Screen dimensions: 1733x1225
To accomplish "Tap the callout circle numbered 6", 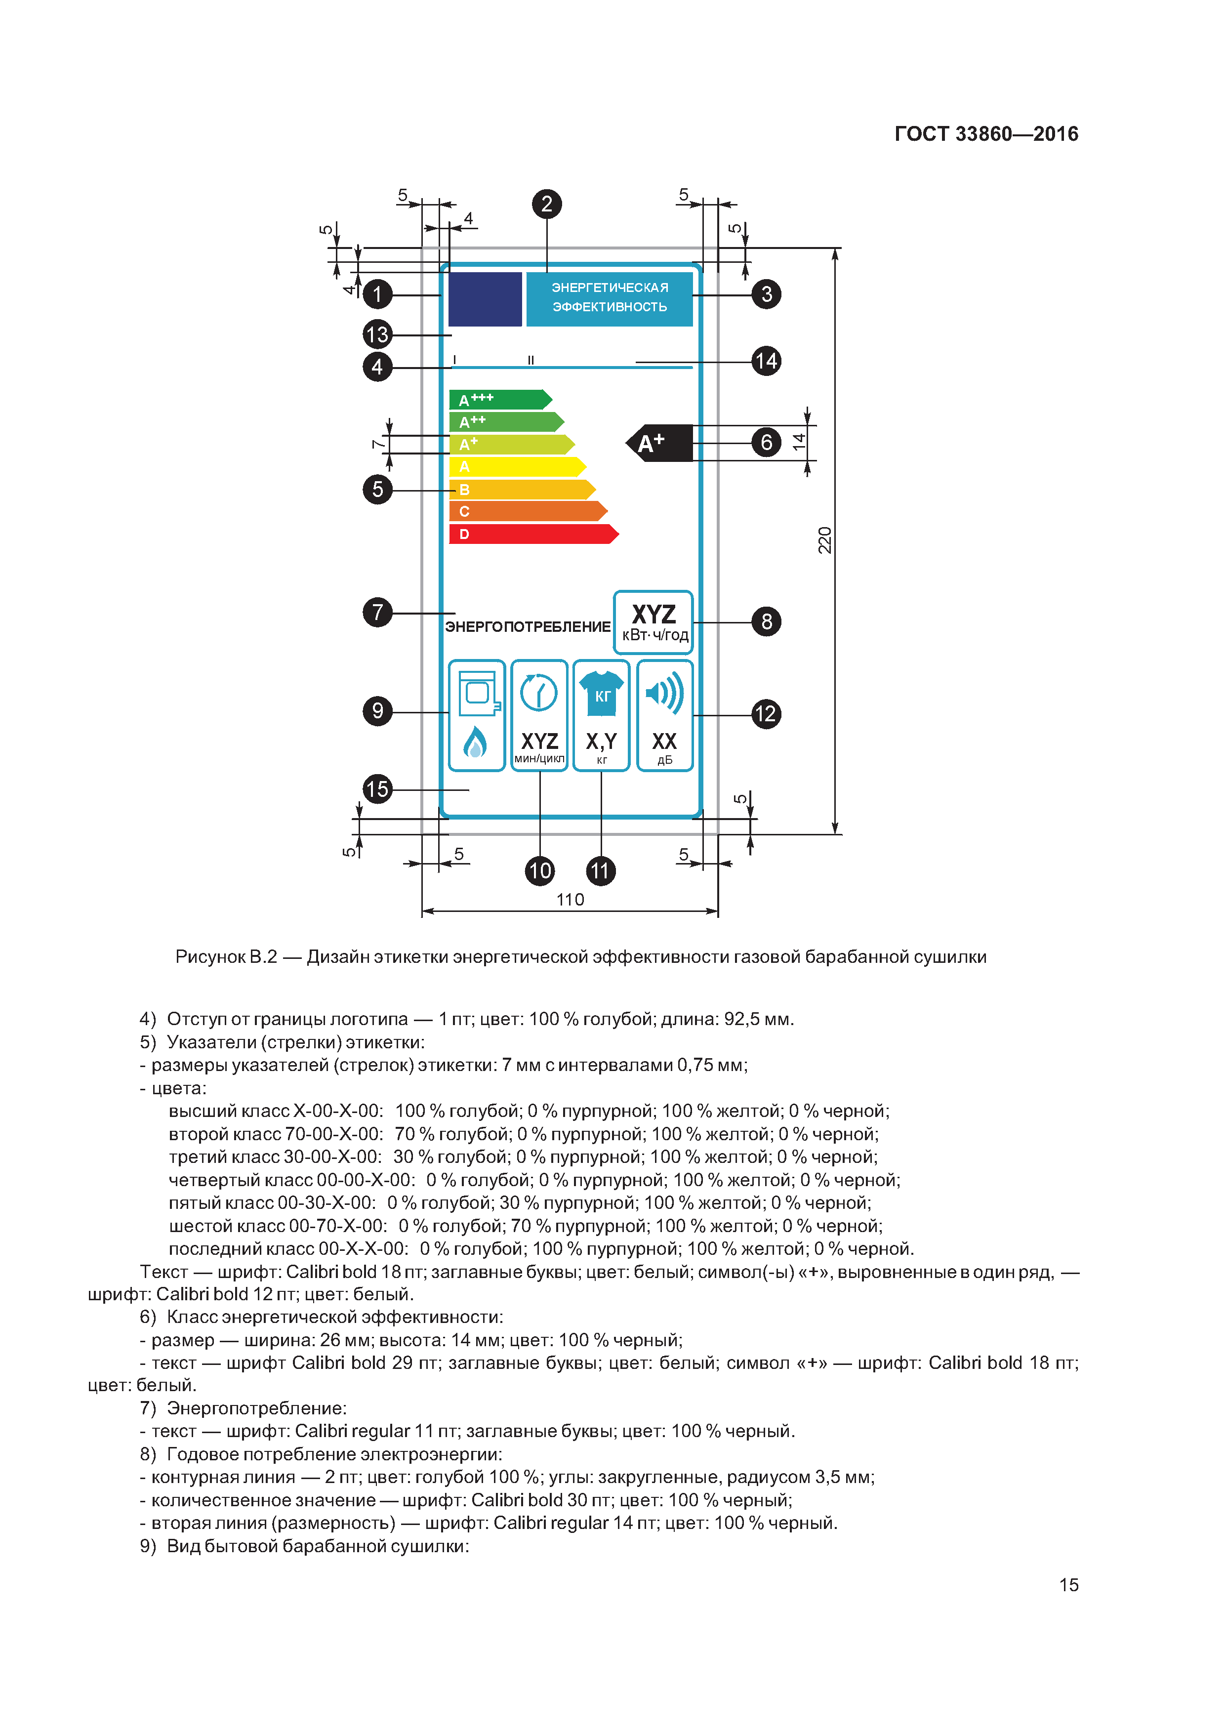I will (766, 442).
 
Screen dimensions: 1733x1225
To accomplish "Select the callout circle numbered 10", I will (540, 871).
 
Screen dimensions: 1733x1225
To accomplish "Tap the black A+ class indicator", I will (660, 443).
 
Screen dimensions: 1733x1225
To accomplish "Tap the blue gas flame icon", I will (475, 743).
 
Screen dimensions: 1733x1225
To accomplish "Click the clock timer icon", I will (539, 692).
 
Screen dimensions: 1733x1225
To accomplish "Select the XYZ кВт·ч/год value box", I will (653, 622).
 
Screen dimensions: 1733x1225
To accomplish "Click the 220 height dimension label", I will (825, 540).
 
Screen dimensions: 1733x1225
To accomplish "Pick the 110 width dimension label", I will (570, 900).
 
